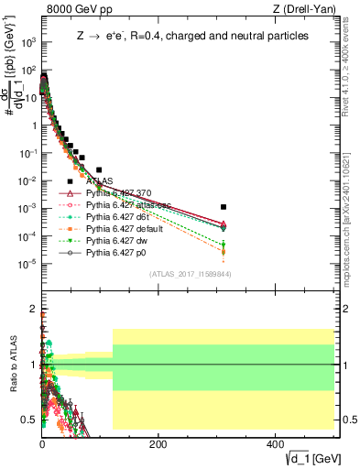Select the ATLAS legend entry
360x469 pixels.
[100, 181]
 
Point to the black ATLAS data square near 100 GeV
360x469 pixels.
[99, 169]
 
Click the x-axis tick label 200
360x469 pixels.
[158, 443]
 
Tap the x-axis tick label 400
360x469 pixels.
[275, 443]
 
